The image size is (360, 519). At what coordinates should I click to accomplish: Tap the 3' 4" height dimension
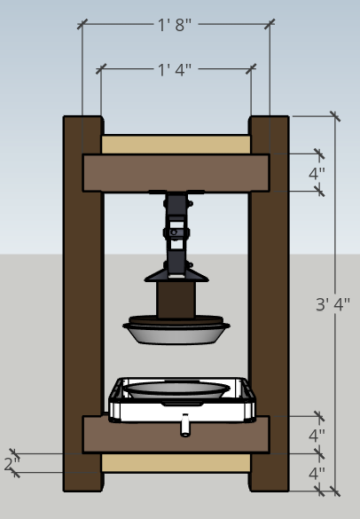(x=333, y=304)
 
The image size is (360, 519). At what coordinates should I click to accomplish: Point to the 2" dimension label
(x=11, y=463)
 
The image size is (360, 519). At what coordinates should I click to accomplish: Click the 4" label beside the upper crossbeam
(x=317, y=174)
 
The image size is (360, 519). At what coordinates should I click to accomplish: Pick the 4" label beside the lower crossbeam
(x=317, y=436)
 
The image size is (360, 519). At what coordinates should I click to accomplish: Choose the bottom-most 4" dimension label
(x=317, y=473)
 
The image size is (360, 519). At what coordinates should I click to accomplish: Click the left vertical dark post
(x=82, y=302)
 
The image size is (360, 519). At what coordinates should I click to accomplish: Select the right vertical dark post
(x=269, y=302)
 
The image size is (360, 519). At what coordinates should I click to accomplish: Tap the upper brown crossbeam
(x=176, y=173)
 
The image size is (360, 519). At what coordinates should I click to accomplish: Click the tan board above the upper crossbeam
(x=176, y=144)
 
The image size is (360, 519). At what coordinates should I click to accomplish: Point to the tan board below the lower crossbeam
(x=176, y=462)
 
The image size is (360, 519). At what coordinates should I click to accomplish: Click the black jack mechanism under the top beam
(x=178, y=226)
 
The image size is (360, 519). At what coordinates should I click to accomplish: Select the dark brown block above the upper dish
(x=176, y=299)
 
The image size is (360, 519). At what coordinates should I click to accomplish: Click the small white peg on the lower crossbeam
(x=184, y=428)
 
